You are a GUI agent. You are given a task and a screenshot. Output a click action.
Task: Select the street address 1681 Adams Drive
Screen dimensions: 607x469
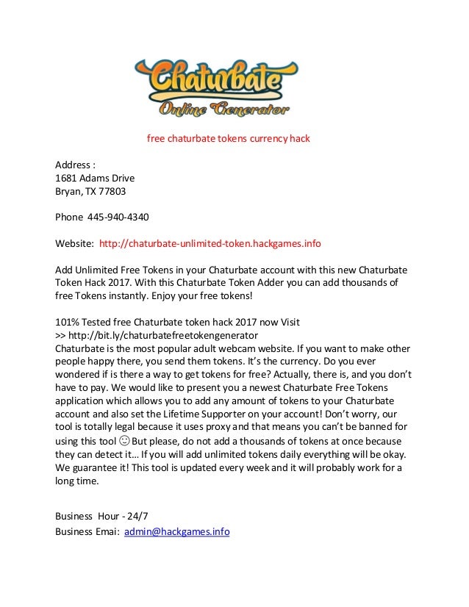click(96, 177)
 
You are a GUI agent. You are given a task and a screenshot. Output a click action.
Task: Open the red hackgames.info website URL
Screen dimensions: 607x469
click(210, 243)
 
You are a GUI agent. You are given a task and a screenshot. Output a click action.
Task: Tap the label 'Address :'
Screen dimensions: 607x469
click(76, 164)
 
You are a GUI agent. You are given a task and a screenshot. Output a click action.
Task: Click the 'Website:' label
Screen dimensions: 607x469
click(75, 243)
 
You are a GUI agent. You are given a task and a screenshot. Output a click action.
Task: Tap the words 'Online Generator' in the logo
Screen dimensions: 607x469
click(224, 110)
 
